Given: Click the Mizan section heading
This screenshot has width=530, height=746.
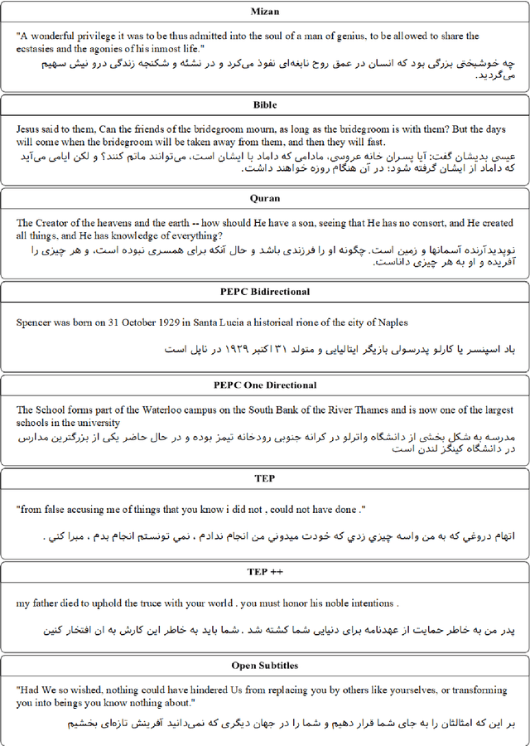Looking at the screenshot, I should tap(265, 11).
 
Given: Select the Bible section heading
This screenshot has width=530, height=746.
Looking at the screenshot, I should tap(265, 104).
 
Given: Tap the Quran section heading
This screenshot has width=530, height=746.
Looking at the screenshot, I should tap(265, 198).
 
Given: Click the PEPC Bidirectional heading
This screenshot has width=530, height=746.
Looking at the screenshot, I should tap(265, 292).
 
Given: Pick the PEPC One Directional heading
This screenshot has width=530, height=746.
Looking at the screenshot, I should tap(265, 385).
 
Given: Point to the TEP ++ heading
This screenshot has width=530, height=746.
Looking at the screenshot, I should tap(265, 572).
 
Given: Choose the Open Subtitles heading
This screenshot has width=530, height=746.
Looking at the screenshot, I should tap(265, 666).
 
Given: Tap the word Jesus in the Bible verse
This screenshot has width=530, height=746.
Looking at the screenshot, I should tap(30, 129).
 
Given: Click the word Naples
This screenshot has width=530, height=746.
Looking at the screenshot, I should tap(391, 322).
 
